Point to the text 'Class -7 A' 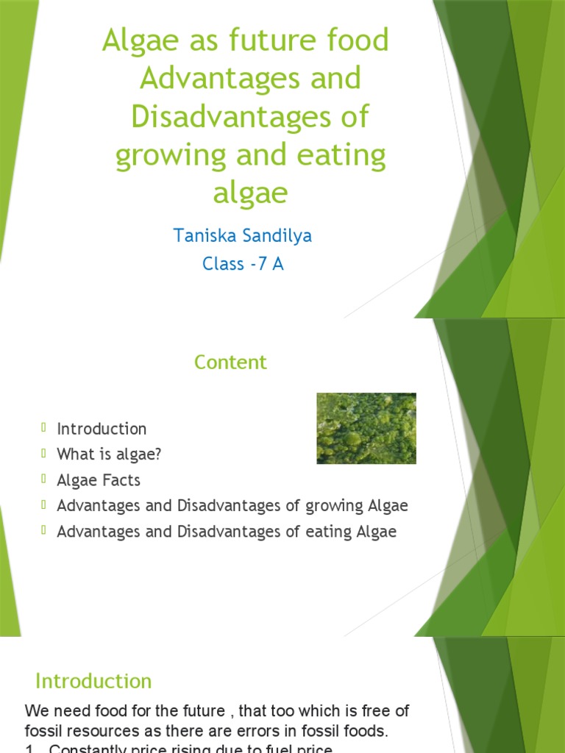pos(243,264)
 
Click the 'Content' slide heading pos(230,362)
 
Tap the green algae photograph pos(366,428)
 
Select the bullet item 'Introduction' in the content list pos(102,429)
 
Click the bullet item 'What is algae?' pos(109,454)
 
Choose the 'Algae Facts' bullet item pos(99,480)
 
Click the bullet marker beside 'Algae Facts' pos(44,479)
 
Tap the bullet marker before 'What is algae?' pos(44,453)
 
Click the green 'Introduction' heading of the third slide pos(93,681)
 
